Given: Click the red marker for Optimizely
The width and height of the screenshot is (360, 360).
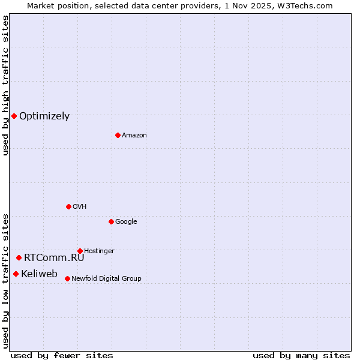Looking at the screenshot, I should pyautogui.click(x=14, y=116).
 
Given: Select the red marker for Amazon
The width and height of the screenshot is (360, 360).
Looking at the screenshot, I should pyautogui.click(x=118, y=135).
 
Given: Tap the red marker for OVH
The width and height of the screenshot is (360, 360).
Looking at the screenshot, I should pyautogui.click(x=68, y=206).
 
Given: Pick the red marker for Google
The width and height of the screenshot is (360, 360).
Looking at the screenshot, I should pyautogui.click(x=111, y=221).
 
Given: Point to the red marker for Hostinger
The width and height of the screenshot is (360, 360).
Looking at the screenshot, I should pyautogui.click(x=80, y=251).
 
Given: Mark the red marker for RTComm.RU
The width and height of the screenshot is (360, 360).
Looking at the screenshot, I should pyautogui.click(x=19, y=257).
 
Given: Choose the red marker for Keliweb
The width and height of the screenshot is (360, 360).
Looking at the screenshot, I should pyautogui.click(x=16, y=274).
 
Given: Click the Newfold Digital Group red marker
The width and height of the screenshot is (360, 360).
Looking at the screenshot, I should pyautogui.click(x=67, y=278).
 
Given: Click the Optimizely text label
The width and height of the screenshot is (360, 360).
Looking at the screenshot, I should pyautogui.click(x=44, y=116).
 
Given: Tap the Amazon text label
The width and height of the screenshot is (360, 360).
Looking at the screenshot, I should pyautogui.click(x=134, y=136).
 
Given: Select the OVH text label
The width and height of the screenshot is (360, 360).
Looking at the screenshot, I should pyautogui.click(x=80, y=207).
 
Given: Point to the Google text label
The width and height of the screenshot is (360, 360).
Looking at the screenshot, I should pyautogui.click(x=126, y=222).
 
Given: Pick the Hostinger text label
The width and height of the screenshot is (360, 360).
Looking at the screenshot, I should pyautogui.click(x=99, y=251).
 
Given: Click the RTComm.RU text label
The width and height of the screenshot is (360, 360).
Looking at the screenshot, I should pyautogui.click(x=54, y=258).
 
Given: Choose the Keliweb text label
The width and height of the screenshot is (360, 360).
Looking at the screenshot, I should pyautogui.click(x=40, y=274).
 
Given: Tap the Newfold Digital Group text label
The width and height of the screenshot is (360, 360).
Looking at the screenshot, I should pyautogui.click(x=106, y=279).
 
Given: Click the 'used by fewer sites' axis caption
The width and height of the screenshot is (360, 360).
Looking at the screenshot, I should pyautogui.click(x=62, y=355).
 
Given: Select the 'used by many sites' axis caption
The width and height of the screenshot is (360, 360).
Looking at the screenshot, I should pyautogui.click(x=301, y=355).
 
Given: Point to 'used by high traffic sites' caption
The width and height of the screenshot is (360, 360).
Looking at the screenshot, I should pyautogui.click(x=5, y=85).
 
